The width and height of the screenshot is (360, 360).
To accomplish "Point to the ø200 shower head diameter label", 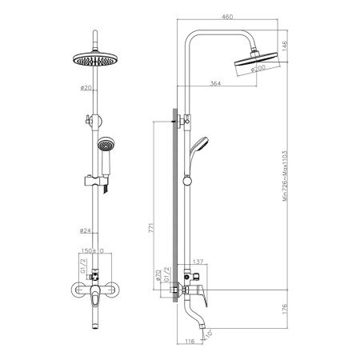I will (x=258, y=69).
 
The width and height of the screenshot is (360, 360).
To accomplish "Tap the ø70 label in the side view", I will (x=159, y=274).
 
